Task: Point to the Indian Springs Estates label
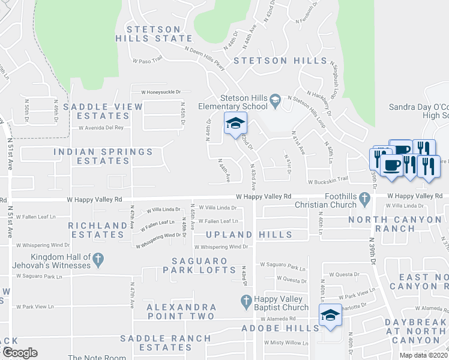click(100, 156)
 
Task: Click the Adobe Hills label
click(280, 328)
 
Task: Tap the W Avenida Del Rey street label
click(101, 128)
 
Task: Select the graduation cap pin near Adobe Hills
click(330, 316)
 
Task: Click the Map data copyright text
click(423, 355)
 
